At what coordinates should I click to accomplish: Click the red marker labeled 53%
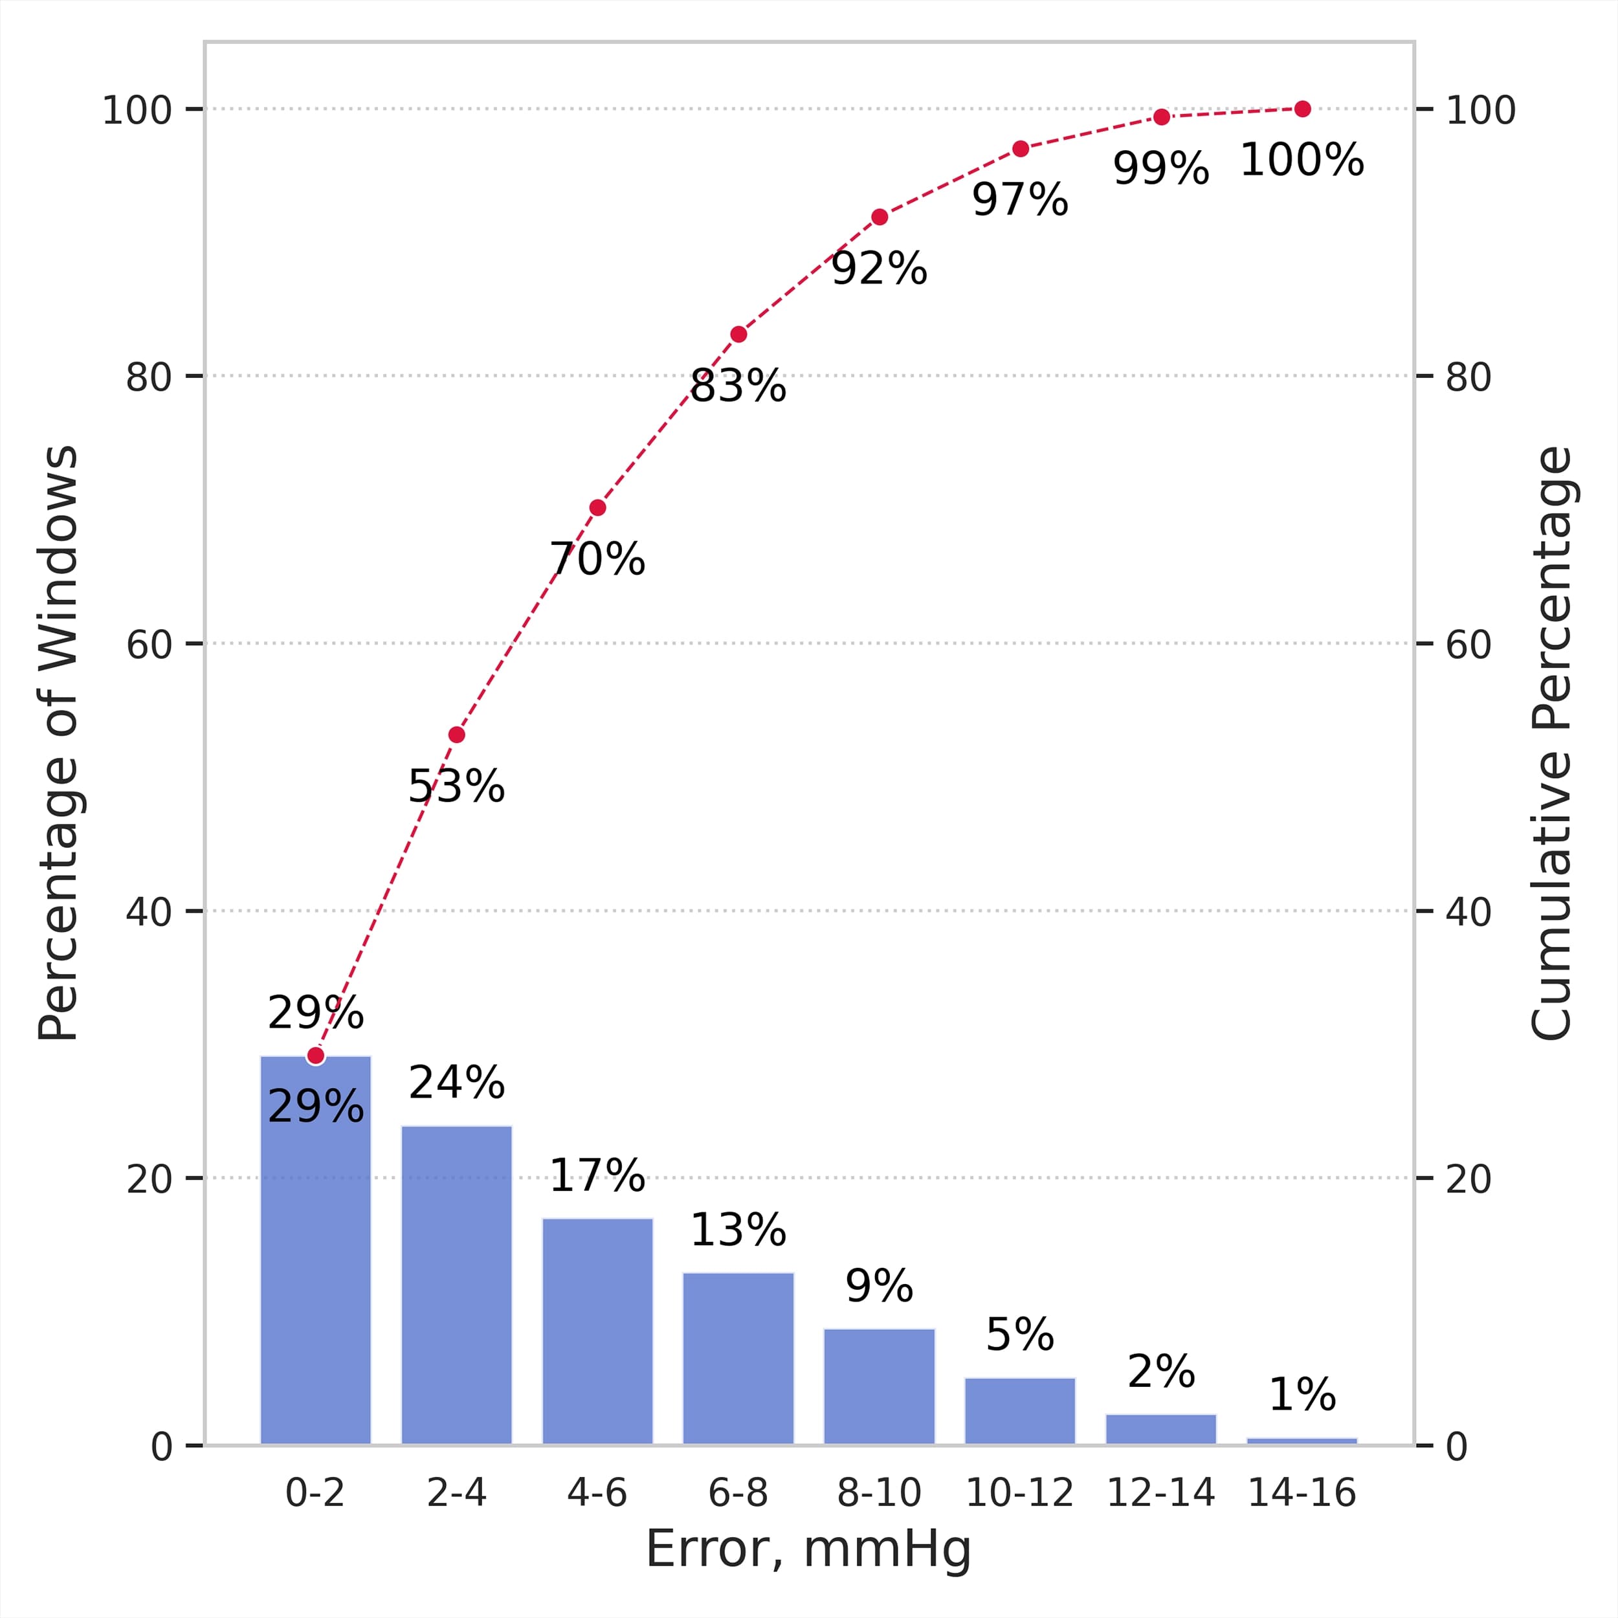tap(456, 735)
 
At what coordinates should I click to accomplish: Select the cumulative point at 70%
tap(597, 507)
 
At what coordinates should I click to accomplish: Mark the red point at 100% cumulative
tap(1302, 109)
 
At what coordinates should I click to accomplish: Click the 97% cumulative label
tap(1019, 200)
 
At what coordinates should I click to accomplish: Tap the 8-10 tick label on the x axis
tap(878, 1492)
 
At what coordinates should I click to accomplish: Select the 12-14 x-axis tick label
tap(1160, 1492)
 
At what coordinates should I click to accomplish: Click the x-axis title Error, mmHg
tap(808, 1549)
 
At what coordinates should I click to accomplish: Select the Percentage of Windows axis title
tap(59, 744)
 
